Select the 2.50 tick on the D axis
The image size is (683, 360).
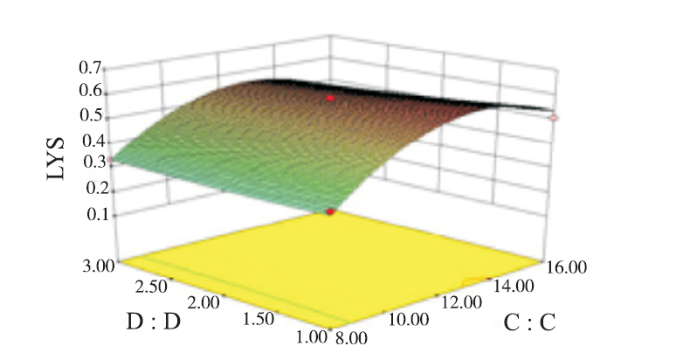click(159, 285)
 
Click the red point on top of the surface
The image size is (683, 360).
click(330, 99)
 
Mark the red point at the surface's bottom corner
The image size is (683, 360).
click(329, 212)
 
